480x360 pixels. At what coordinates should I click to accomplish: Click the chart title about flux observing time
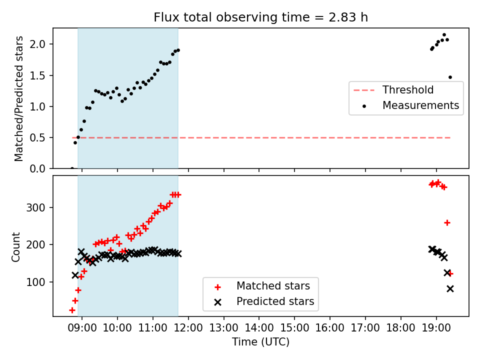point(261,17)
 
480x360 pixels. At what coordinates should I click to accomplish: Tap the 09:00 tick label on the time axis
point(81,327)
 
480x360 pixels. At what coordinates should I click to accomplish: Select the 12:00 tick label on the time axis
point(188,327)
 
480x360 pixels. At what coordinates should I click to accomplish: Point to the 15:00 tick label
point(294,327)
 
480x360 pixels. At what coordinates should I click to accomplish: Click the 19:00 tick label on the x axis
point(436,327)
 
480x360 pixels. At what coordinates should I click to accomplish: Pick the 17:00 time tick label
point(365,327)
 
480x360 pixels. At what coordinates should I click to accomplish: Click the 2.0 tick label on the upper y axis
point(37,44)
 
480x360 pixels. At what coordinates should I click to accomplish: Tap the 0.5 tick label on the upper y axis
point(37,138)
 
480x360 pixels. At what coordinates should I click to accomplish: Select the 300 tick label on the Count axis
point(35,207)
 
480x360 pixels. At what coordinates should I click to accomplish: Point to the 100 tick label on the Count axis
point(35,282)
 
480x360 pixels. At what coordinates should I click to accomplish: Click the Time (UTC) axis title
point(260,341)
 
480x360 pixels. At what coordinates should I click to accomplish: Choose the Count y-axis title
point(15,246)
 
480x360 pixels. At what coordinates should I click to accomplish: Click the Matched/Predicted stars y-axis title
point(18,98)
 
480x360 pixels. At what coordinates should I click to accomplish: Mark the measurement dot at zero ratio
point(72,168)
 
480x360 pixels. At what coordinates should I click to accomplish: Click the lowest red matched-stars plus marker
point(72,310)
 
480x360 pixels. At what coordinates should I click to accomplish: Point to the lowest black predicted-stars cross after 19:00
point(450,288)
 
